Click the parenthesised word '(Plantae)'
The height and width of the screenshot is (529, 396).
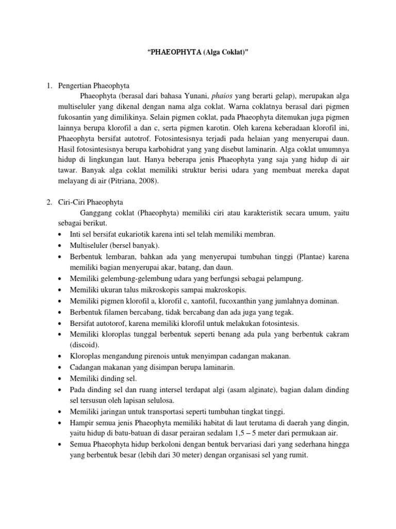[308, 256]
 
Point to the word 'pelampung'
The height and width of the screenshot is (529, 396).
[284, 278]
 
